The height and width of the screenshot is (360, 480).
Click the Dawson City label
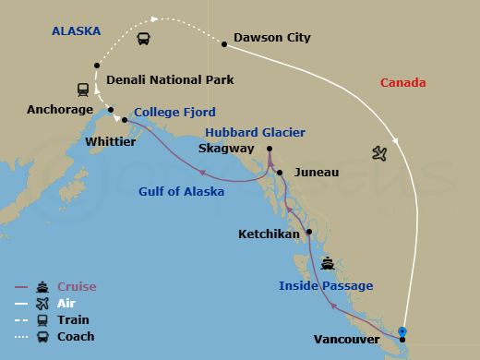pyautogui.click(x=272, y=38)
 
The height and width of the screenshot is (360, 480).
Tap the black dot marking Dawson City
pyautogui.click(x=223, y=42)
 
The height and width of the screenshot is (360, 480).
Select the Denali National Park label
pyautogui.click(x=170, y=80)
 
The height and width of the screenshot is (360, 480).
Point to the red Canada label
pyautogui.click(x=403, y=83)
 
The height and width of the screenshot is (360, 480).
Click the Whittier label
pyautogui.click(x=110, y=142)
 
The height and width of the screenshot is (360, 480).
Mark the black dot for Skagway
pyautogui.click(x=270, y=149)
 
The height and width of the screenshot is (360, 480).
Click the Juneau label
pyautogui.click(x=317, y=172)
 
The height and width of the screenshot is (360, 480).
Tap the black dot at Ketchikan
pyautogui.click(x=309, y=232)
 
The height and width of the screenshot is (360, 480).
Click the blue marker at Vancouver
pyautogui.click(x=402, y=331)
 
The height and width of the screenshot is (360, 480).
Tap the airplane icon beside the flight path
pyautogui.click(x=378, y=152)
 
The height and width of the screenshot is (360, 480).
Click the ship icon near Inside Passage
pyautogui.click(x=328, y=262)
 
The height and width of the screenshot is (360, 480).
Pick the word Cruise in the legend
pyautogui.click(x=77, y=287)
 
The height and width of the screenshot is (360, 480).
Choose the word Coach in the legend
pyautogui.click(x=76, y=336)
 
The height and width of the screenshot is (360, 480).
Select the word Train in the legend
pyautogui.click(x=73, y=319)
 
